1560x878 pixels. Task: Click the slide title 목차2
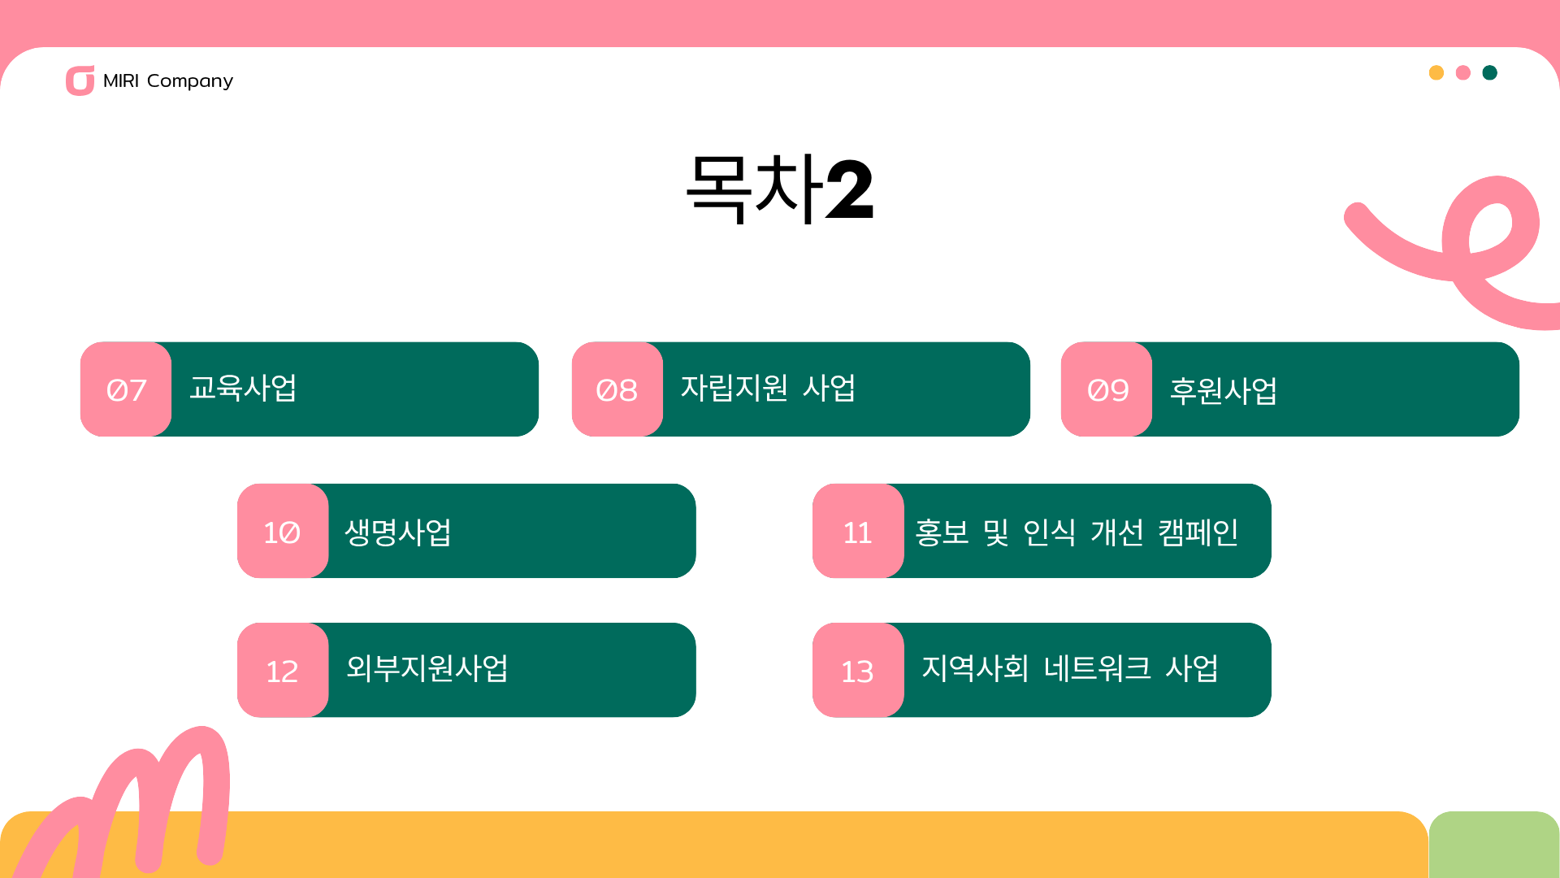click(x=780, y=189)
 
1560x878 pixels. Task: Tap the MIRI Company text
click(x=168, y=80)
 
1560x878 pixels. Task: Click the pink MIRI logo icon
click(x=80, y=80)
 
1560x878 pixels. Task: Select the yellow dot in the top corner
click(x=1436, y=72)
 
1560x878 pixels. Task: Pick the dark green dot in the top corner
click(x=1490, y=72)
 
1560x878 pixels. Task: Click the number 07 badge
click(x=126, y=389)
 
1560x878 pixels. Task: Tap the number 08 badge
click(x=617, y=389)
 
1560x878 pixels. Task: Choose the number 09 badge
click(x=1107, y=389)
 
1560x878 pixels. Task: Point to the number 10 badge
click(x=283, y=531)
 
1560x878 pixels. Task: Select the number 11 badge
click(x=858, y=531)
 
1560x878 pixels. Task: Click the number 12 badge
click(x=283, y=670)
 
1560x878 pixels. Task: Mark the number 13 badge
click(x=858, y=670)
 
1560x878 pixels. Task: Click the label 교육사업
click(x=243, y=388)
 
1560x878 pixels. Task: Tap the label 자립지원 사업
click(x=768, y=388)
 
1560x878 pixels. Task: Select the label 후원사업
click(x=1223, y=390)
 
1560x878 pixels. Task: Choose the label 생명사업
click(x=398, y=532)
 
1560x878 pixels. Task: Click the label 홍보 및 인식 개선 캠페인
click(x=1077, y=532)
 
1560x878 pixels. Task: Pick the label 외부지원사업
click(x=427, y=668)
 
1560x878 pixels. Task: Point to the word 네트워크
click(x=1098, y=668)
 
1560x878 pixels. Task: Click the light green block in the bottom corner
click(x=1494, y=845)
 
